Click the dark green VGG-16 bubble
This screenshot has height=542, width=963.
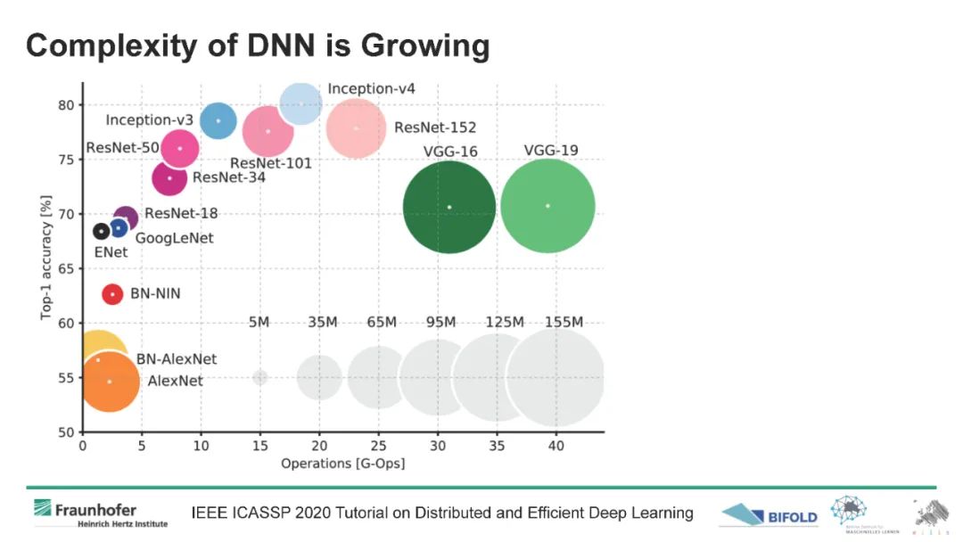click(x=449, y=207)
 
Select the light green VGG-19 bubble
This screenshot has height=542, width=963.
click(x=547, y=206)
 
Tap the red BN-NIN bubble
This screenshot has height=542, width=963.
click(x=112, y=294)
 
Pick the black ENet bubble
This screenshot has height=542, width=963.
click(x=101, y=232)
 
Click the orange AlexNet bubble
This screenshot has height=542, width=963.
click(x=110, y=382)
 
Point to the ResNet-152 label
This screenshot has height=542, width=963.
click(x=435, y=127)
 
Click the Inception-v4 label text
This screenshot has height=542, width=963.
click(x=371, y=89)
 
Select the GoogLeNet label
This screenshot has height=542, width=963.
click(x=174, y=238)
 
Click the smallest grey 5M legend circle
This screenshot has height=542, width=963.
click(x=259, y=377)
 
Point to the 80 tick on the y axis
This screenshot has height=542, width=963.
click(x=67, y=105)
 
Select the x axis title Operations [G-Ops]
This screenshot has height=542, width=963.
click(x=343, y=464)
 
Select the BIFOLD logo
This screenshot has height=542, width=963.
click(x=769, y=514)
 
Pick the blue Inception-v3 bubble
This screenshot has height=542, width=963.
click(x=218, y=121)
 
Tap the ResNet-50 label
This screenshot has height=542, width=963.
click(x=123, y=147)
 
